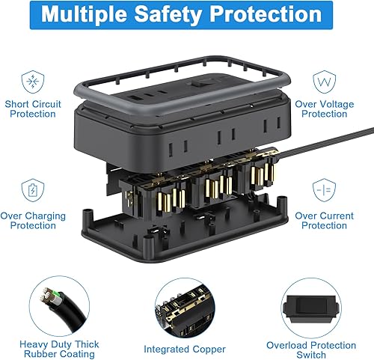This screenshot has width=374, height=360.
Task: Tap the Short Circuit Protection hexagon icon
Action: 31,81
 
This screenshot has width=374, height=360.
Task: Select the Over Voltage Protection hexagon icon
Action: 324,80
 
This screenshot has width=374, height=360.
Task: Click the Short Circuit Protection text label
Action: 31,109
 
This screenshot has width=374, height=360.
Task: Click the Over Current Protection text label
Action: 324,220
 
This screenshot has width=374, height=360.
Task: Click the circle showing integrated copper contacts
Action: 186,308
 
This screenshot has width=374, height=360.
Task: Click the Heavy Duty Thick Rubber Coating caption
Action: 61,349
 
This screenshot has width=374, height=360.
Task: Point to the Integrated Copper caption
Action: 186,349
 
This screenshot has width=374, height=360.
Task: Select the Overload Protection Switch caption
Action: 311,349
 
